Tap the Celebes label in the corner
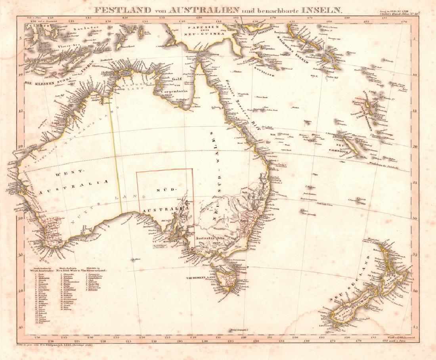point(32,26)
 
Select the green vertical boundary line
point(115,155)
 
